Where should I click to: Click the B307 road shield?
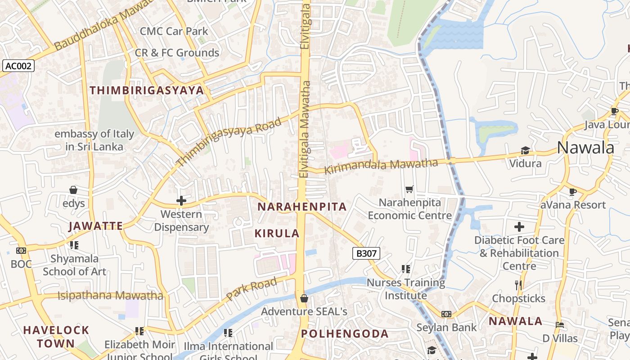click(366, 253)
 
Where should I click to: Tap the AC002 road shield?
click(18, 66)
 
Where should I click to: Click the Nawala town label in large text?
click(585, 148)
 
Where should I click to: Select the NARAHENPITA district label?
click(301, 207)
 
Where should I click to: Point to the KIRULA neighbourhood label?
click(277, 233)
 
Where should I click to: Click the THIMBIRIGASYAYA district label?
click(147, 90)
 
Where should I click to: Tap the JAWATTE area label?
click(96, 226)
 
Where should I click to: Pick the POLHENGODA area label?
click(345, 334)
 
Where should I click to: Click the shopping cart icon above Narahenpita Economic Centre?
click(409, 189)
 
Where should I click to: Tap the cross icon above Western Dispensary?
click(181, 200)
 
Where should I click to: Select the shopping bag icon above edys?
click(73, 190)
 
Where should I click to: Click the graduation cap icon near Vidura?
click(525, 150)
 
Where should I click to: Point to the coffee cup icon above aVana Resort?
click(572, 192)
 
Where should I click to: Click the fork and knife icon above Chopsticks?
click(518, 285)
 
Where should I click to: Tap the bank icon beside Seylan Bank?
click(446, 314)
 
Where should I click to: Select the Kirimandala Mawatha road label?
click(381, 166)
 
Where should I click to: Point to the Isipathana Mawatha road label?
click(110, 296)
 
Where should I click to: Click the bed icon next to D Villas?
click(559, 324)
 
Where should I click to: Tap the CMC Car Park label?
click(174, 31)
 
